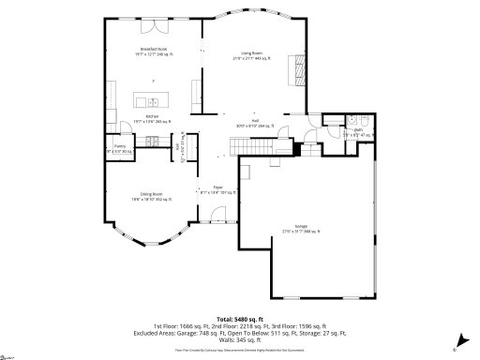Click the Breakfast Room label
point(153,51)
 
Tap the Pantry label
point(120,148)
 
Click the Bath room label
point(357,132)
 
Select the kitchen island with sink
point(148,99)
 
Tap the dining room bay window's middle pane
point(153,251)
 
